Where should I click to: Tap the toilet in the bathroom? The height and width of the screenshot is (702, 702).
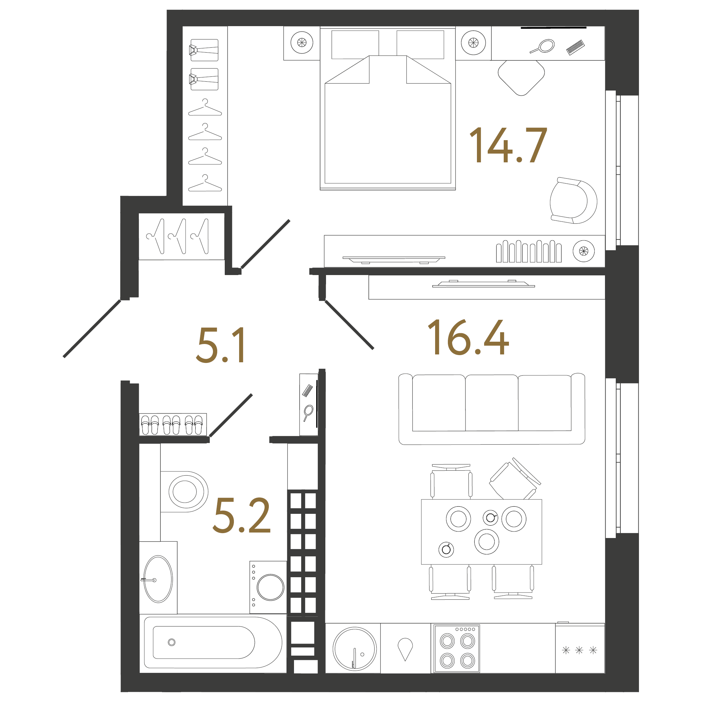tap(185, 492)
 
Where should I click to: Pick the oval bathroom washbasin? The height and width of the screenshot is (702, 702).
tap(158, 579)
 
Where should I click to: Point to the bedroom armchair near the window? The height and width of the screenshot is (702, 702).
tap(573, 201)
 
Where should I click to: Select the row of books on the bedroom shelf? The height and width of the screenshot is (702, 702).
tap(528, 252)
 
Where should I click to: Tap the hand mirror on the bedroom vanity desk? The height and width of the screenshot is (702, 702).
tap(543, 46)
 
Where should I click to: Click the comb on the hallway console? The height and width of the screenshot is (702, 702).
tap(307, 391)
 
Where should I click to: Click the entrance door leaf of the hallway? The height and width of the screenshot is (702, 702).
tap(92, 329)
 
